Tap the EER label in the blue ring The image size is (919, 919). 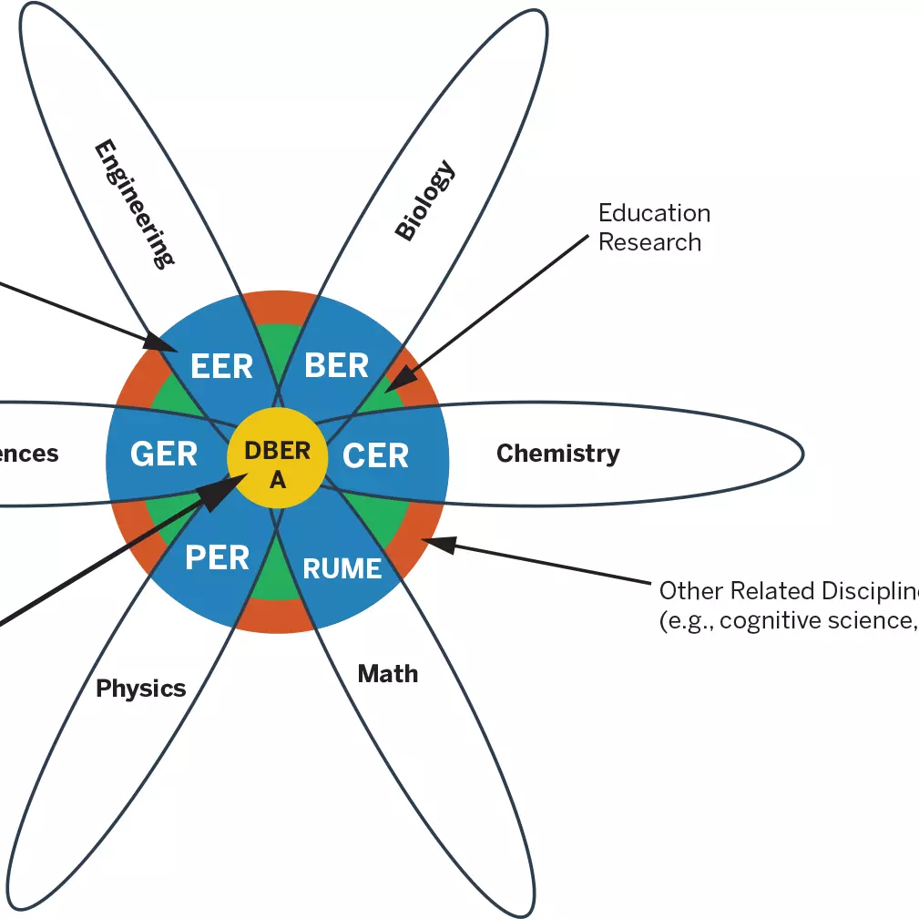221,366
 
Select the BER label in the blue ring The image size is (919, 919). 336,365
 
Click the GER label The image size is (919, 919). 164,454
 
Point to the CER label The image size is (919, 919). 375,455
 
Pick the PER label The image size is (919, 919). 217,557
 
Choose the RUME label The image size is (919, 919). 342,569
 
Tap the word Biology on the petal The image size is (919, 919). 424,200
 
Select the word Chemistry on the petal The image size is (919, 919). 557,453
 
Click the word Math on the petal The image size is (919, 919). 387,674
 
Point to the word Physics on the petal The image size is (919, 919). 141,689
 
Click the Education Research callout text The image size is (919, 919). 653,228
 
